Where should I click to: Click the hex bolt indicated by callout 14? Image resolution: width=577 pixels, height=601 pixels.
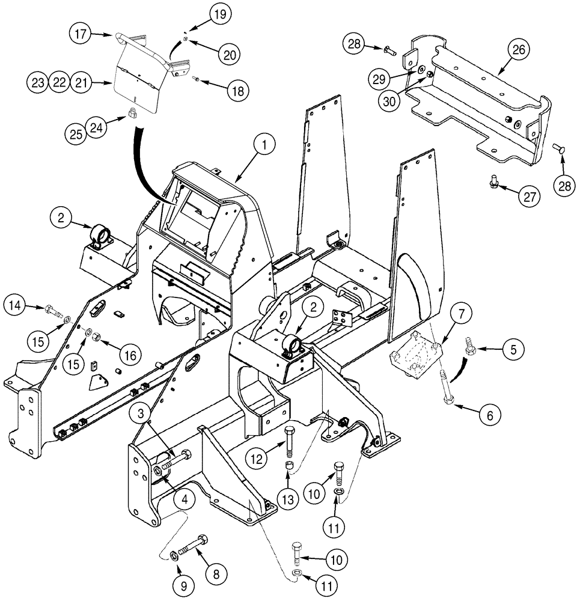(x=52, y=311)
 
